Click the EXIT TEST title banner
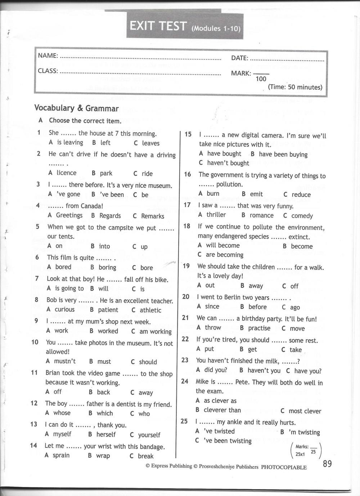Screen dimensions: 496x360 [184, 26]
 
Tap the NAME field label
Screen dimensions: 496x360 [48, 55]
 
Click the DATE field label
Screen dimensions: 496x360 [239, 58]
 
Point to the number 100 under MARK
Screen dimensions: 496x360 [261, 79]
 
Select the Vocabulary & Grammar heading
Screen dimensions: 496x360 [76, 108]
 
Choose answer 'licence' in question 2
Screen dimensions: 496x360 [66, 173]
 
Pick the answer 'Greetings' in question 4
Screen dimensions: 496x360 [69, 215]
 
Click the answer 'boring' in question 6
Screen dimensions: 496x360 [107, 267]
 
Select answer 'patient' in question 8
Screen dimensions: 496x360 [108, 310]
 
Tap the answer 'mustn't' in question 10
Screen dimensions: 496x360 [65, 361]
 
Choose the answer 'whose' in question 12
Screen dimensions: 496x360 [62, 413]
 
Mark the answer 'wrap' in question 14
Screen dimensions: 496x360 [103, 456]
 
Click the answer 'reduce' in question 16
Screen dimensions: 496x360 [301, 195]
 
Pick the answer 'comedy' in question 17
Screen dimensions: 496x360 [302, 216]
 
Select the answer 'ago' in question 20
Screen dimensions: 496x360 [295, 307]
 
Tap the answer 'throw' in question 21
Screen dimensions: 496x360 [213, 327]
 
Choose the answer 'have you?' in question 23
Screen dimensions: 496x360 [308, 371]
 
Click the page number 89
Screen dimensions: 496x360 [327, 464]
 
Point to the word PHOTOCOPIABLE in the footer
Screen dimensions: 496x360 [284, 467]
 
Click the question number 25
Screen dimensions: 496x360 [184, 421]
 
